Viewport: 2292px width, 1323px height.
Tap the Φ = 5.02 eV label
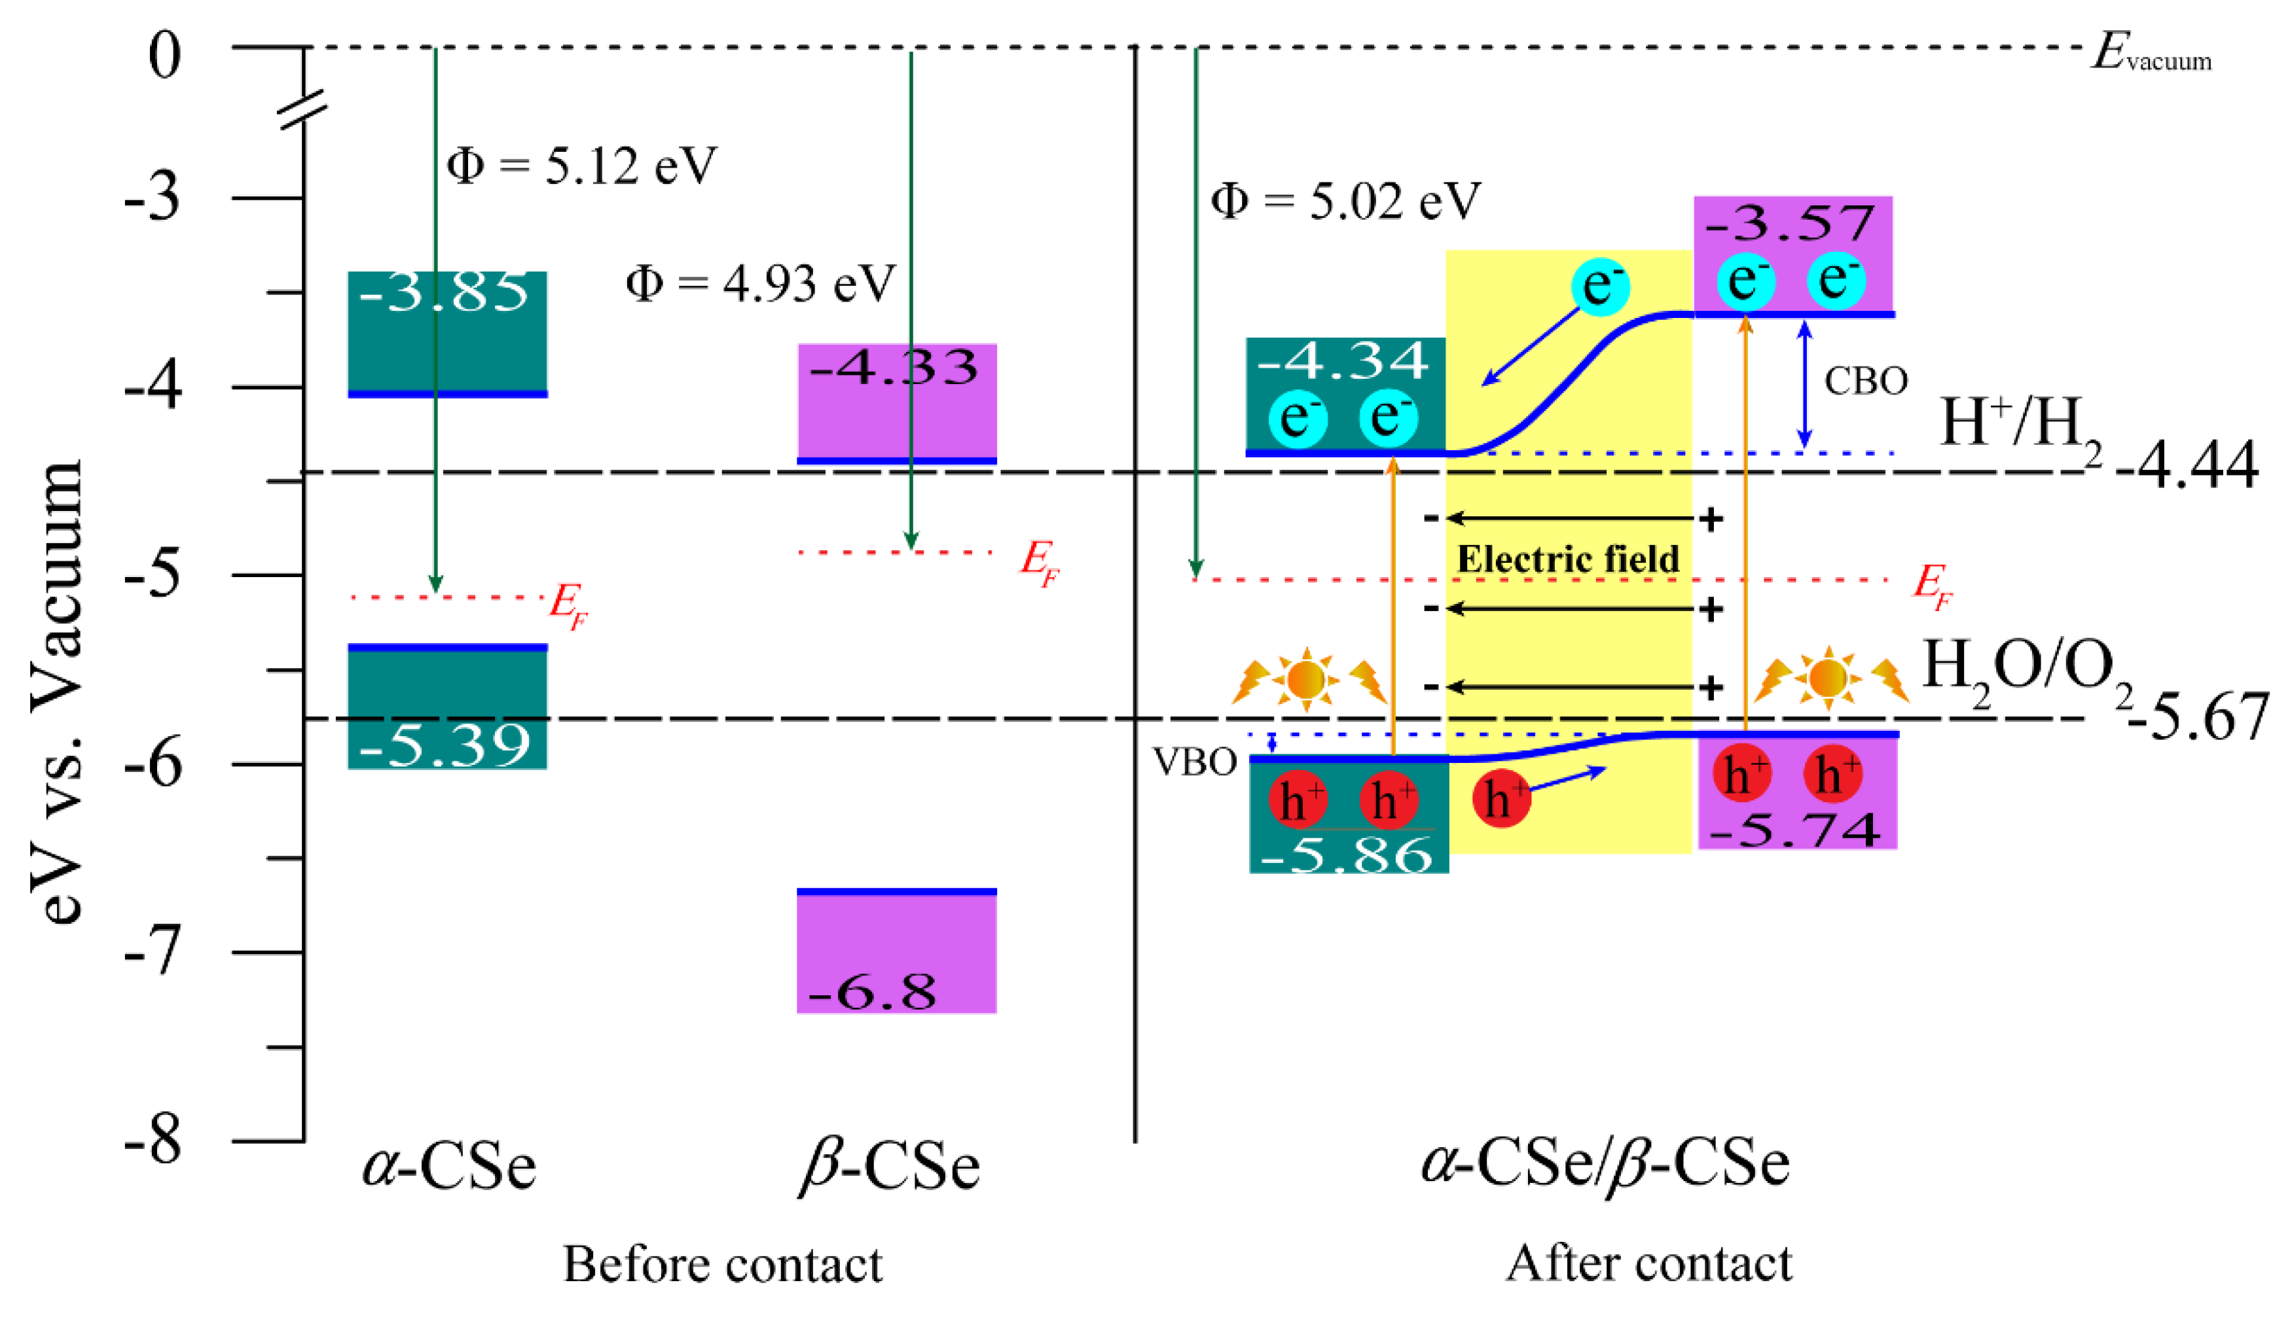(x=1345, y=201)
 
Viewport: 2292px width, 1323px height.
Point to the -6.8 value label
(x=870, y=991)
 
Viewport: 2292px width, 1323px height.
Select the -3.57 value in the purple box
(x=1789, y=222)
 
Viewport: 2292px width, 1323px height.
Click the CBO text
(x=1865, y=381)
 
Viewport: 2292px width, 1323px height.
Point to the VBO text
(x=1193, y=762)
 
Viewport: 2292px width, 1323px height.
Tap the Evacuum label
(x=2150, y=54)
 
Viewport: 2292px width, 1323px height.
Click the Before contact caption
(x=722, y=1265)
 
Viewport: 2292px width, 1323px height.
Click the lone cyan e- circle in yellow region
(x=1600, y=285)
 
